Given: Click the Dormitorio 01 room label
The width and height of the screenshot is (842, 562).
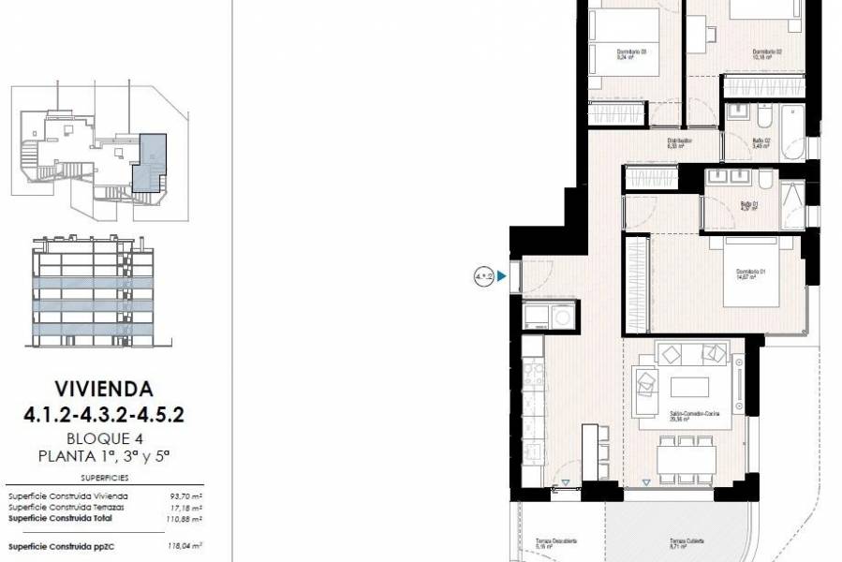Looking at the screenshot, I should [751, 272].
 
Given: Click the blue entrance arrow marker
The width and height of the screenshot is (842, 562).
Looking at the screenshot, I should [503, 276].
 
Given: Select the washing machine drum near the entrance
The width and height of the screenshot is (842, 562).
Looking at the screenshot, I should [561, 317].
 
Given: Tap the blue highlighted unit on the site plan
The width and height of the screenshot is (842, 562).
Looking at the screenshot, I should [148, 162].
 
